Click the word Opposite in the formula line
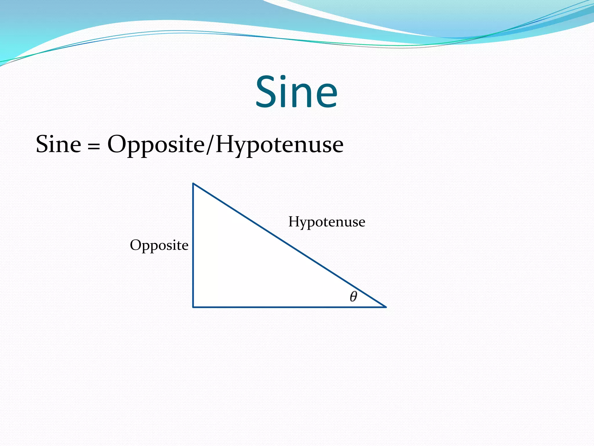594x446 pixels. [156, 145]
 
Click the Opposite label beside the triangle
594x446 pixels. [159, 245]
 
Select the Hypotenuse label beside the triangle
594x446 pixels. [327, 222]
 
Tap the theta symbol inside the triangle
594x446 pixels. [353, 296]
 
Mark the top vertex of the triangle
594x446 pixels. [193, 184]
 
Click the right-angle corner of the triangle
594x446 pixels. [193, 307]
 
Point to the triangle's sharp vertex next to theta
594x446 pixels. [385, 307]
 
